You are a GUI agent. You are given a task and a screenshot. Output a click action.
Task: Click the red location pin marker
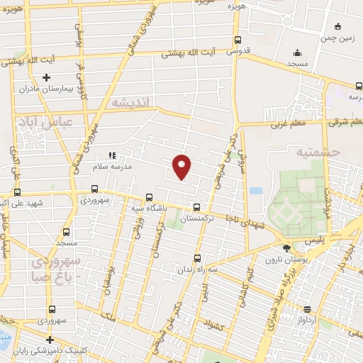point(182,166)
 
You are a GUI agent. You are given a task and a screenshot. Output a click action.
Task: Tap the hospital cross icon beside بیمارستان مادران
point(47,77)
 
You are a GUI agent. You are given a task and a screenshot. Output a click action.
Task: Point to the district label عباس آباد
point(45,122)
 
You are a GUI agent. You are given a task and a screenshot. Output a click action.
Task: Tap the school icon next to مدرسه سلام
point(111,155)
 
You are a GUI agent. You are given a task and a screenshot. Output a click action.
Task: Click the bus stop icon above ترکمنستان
point(197,208)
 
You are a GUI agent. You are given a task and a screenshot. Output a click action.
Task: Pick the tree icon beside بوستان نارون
point(286,249)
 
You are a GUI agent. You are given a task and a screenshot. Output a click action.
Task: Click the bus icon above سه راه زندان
point(196,259)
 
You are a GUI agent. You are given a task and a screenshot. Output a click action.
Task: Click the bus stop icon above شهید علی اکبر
point(17,192)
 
